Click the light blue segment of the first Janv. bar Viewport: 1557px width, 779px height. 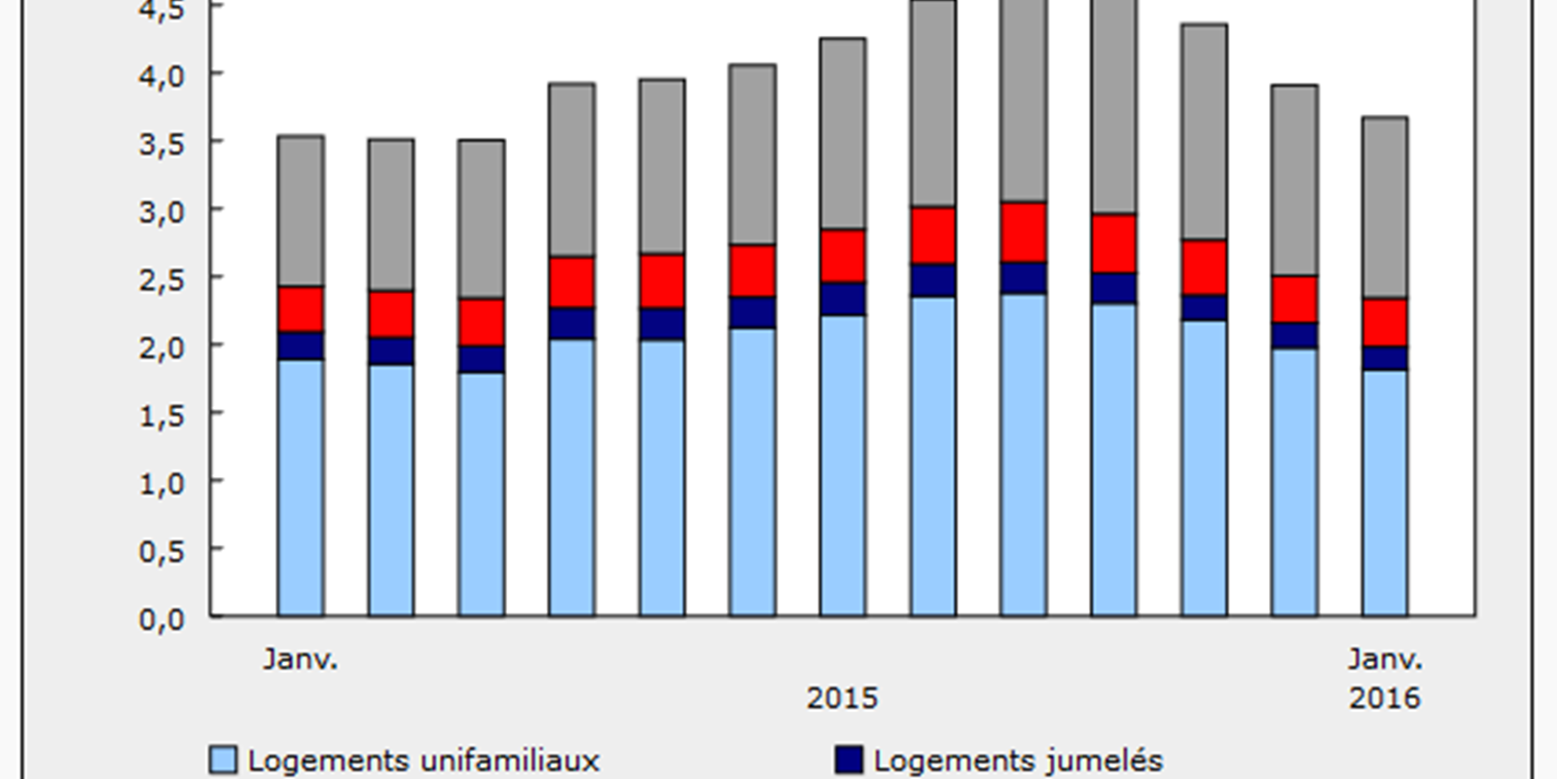point(301,487)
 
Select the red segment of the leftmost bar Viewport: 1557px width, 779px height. point(301,309)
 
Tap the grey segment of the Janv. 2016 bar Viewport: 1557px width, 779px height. point(1385,206)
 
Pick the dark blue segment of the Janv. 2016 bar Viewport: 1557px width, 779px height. point(1385,357)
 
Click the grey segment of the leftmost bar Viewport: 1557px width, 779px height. point(301,210)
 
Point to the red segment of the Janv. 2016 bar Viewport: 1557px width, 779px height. point(1385,321)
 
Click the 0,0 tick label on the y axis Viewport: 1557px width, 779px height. point(162,619)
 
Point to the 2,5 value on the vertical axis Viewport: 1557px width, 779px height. point(162,279)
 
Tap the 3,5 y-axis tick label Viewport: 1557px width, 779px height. point(162,143)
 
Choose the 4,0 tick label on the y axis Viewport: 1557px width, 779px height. point(162,75)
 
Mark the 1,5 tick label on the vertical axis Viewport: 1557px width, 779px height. point(162,416)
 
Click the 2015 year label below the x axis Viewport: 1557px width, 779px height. point(842,698)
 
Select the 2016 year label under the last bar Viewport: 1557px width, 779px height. point(1385,698)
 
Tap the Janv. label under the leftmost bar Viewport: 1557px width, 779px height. point(301,659)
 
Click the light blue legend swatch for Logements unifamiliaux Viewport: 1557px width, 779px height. point(224,760)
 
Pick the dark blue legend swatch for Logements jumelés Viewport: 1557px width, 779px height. point(850,760)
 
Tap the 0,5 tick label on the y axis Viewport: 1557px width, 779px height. point(162,551)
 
